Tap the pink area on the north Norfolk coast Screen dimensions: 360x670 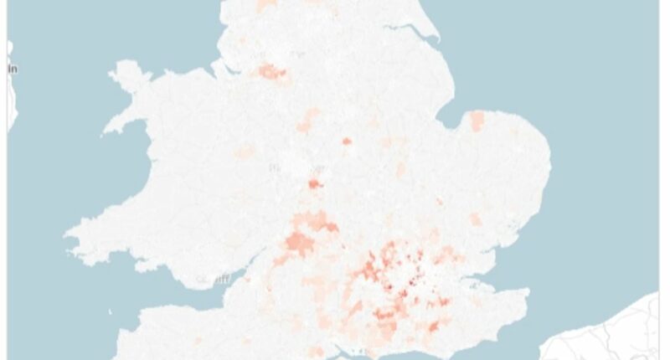[x=477, y=121]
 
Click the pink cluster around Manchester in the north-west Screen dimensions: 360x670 [x=273, y=73]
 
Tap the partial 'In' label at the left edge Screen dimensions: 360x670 [x=13, y=69]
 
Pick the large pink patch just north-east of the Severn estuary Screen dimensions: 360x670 [x=298, y=243]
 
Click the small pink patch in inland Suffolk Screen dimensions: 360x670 [x=476, y=219]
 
